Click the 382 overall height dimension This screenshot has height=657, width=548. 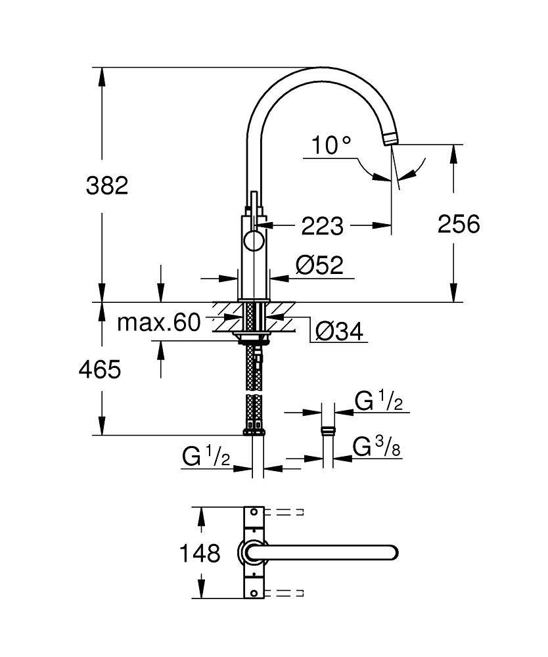pyautogui.click(x=107, y=186)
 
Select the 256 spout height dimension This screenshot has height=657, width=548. pyautogui.click(x=459, y=224)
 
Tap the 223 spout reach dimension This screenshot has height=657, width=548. pyautogui.click(x=322, y=226)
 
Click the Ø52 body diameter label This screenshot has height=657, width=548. pyautogui.click(x=319, y=265)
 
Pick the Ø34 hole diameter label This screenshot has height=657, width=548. pyautogui.click(x=339, y=332)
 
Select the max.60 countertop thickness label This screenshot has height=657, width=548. pyautogui.click(x=158, y=323)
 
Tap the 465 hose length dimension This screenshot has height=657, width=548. pyautogui.click(x=99, y=370)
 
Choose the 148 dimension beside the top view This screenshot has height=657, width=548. pyautogui.click(x=200, y=554)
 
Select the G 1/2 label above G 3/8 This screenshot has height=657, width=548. pyautogui.click(x=378, y=401)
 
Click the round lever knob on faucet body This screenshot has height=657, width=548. pyautogui.click(x=254, y=240)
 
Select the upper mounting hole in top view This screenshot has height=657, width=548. pyautogui.click(x=254, y=512)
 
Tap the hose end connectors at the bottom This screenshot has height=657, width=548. pyautogui.click(x=254, y=431)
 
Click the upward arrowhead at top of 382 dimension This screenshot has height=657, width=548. pyautogui.click(x=101, y=76)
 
